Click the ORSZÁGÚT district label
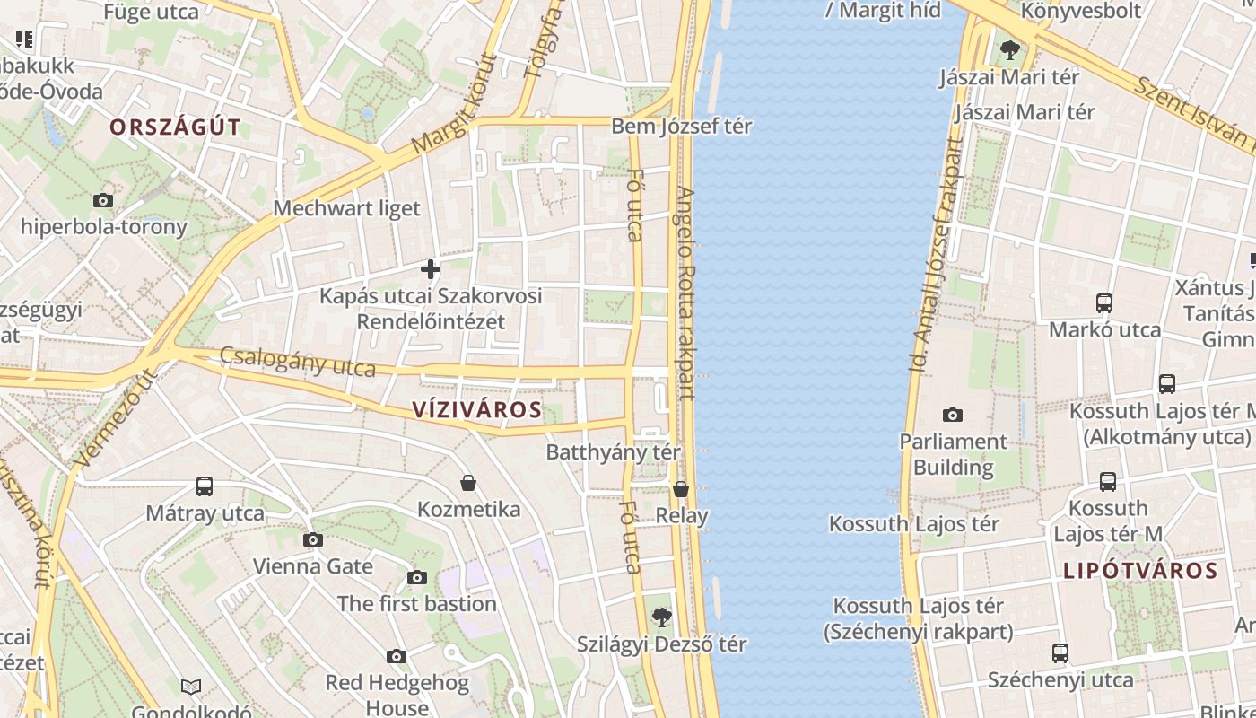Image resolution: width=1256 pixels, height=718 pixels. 175,127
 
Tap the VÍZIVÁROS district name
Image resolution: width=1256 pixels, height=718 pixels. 477,410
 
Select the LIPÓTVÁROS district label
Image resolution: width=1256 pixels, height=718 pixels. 1140,571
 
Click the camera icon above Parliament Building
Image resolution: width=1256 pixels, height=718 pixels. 953,415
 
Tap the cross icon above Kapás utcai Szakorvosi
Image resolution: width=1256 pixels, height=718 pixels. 431,268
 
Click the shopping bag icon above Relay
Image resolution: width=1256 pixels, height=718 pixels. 681,489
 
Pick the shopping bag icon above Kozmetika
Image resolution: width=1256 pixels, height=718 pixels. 468,483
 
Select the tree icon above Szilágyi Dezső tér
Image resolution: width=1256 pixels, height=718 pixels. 661,617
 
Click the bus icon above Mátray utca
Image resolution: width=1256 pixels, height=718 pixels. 205,486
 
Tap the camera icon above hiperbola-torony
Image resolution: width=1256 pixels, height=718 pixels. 103,200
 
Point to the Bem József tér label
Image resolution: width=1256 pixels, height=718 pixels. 681,127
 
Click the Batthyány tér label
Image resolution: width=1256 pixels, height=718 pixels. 613,452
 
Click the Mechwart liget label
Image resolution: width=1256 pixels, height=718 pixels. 346,208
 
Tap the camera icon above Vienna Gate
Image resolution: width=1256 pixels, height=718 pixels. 312,539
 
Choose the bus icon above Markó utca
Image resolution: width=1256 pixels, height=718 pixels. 1104,303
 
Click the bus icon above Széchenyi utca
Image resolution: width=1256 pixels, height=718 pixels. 1060,653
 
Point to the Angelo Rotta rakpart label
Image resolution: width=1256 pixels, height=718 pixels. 686,293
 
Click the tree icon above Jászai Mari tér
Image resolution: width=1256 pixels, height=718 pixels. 1009,49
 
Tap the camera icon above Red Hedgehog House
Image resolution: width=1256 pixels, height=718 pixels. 397,657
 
